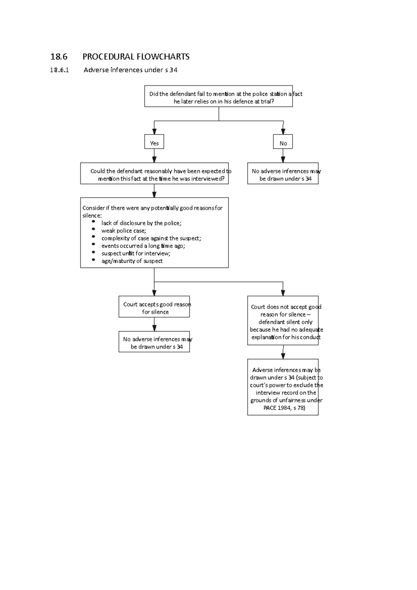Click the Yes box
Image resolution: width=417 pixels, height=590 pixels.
click(x=154, y=142)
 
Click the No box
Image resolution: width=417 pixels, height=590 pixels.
click(x=283, y=142)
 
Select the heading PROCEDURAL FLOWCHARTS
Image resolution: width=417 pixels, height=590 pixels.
click(x=136, y=57)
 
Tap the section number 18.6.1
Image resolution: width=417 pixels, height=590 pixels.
click(x=59, y=70)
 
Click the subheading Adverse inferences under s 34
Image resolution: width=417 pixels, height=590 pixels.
click(x=130, y=70)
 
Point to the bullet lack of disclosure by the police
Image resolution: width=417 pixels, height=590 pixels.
click(x=141, y=223)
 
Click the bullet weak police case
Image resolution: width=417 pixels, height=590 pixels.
click(x=124, y=231)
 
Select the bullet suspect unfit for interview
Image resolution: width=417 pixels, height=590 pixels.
click(x=136, y=253)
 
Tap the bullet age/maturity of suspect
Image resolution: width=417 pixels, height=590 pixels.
click(x=132, y=261)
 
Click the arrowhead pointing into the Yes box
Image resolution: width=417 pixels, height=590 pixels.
click(x=154, y=132)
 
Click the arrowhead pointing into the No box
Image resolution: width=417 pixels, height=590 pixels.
click(x=283, y=132)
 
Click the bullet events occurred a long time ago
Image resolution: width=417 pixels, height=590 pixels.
click(x=143, y=246)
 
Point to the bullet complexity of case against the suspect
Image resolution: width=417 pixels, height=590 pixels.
click(x=151, y=238)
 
